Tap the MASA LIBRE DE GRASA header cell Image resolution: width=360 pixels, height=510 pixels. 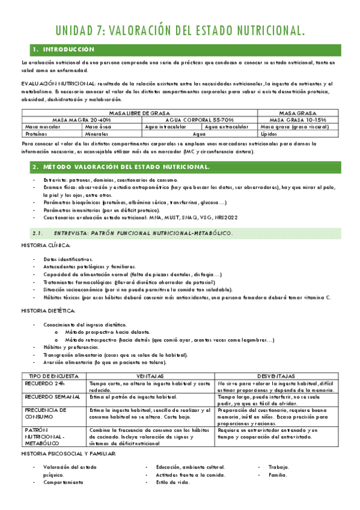point(131,112)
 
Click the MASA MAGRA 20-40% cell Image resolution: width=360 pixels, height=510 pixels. point(82,120)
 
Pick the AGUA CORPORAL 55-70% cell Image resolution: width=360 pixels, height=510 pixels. point(191,120)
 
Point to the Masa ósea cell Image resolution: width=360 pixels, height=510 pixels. point(99,127)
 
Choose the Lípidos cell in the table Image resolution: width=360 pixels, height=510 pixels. point(271,134)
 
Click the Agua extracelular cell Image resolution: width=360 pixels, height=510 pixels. point(227,127)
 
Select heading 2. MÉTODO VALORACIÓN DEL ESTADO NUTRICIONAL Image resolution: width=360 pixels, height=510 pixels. point(120,166)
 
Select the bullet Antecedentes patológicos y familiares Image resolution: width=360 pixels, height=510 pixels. point(89,266)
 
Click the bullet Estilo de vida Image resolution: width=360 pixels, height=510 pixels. point(172,482)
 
